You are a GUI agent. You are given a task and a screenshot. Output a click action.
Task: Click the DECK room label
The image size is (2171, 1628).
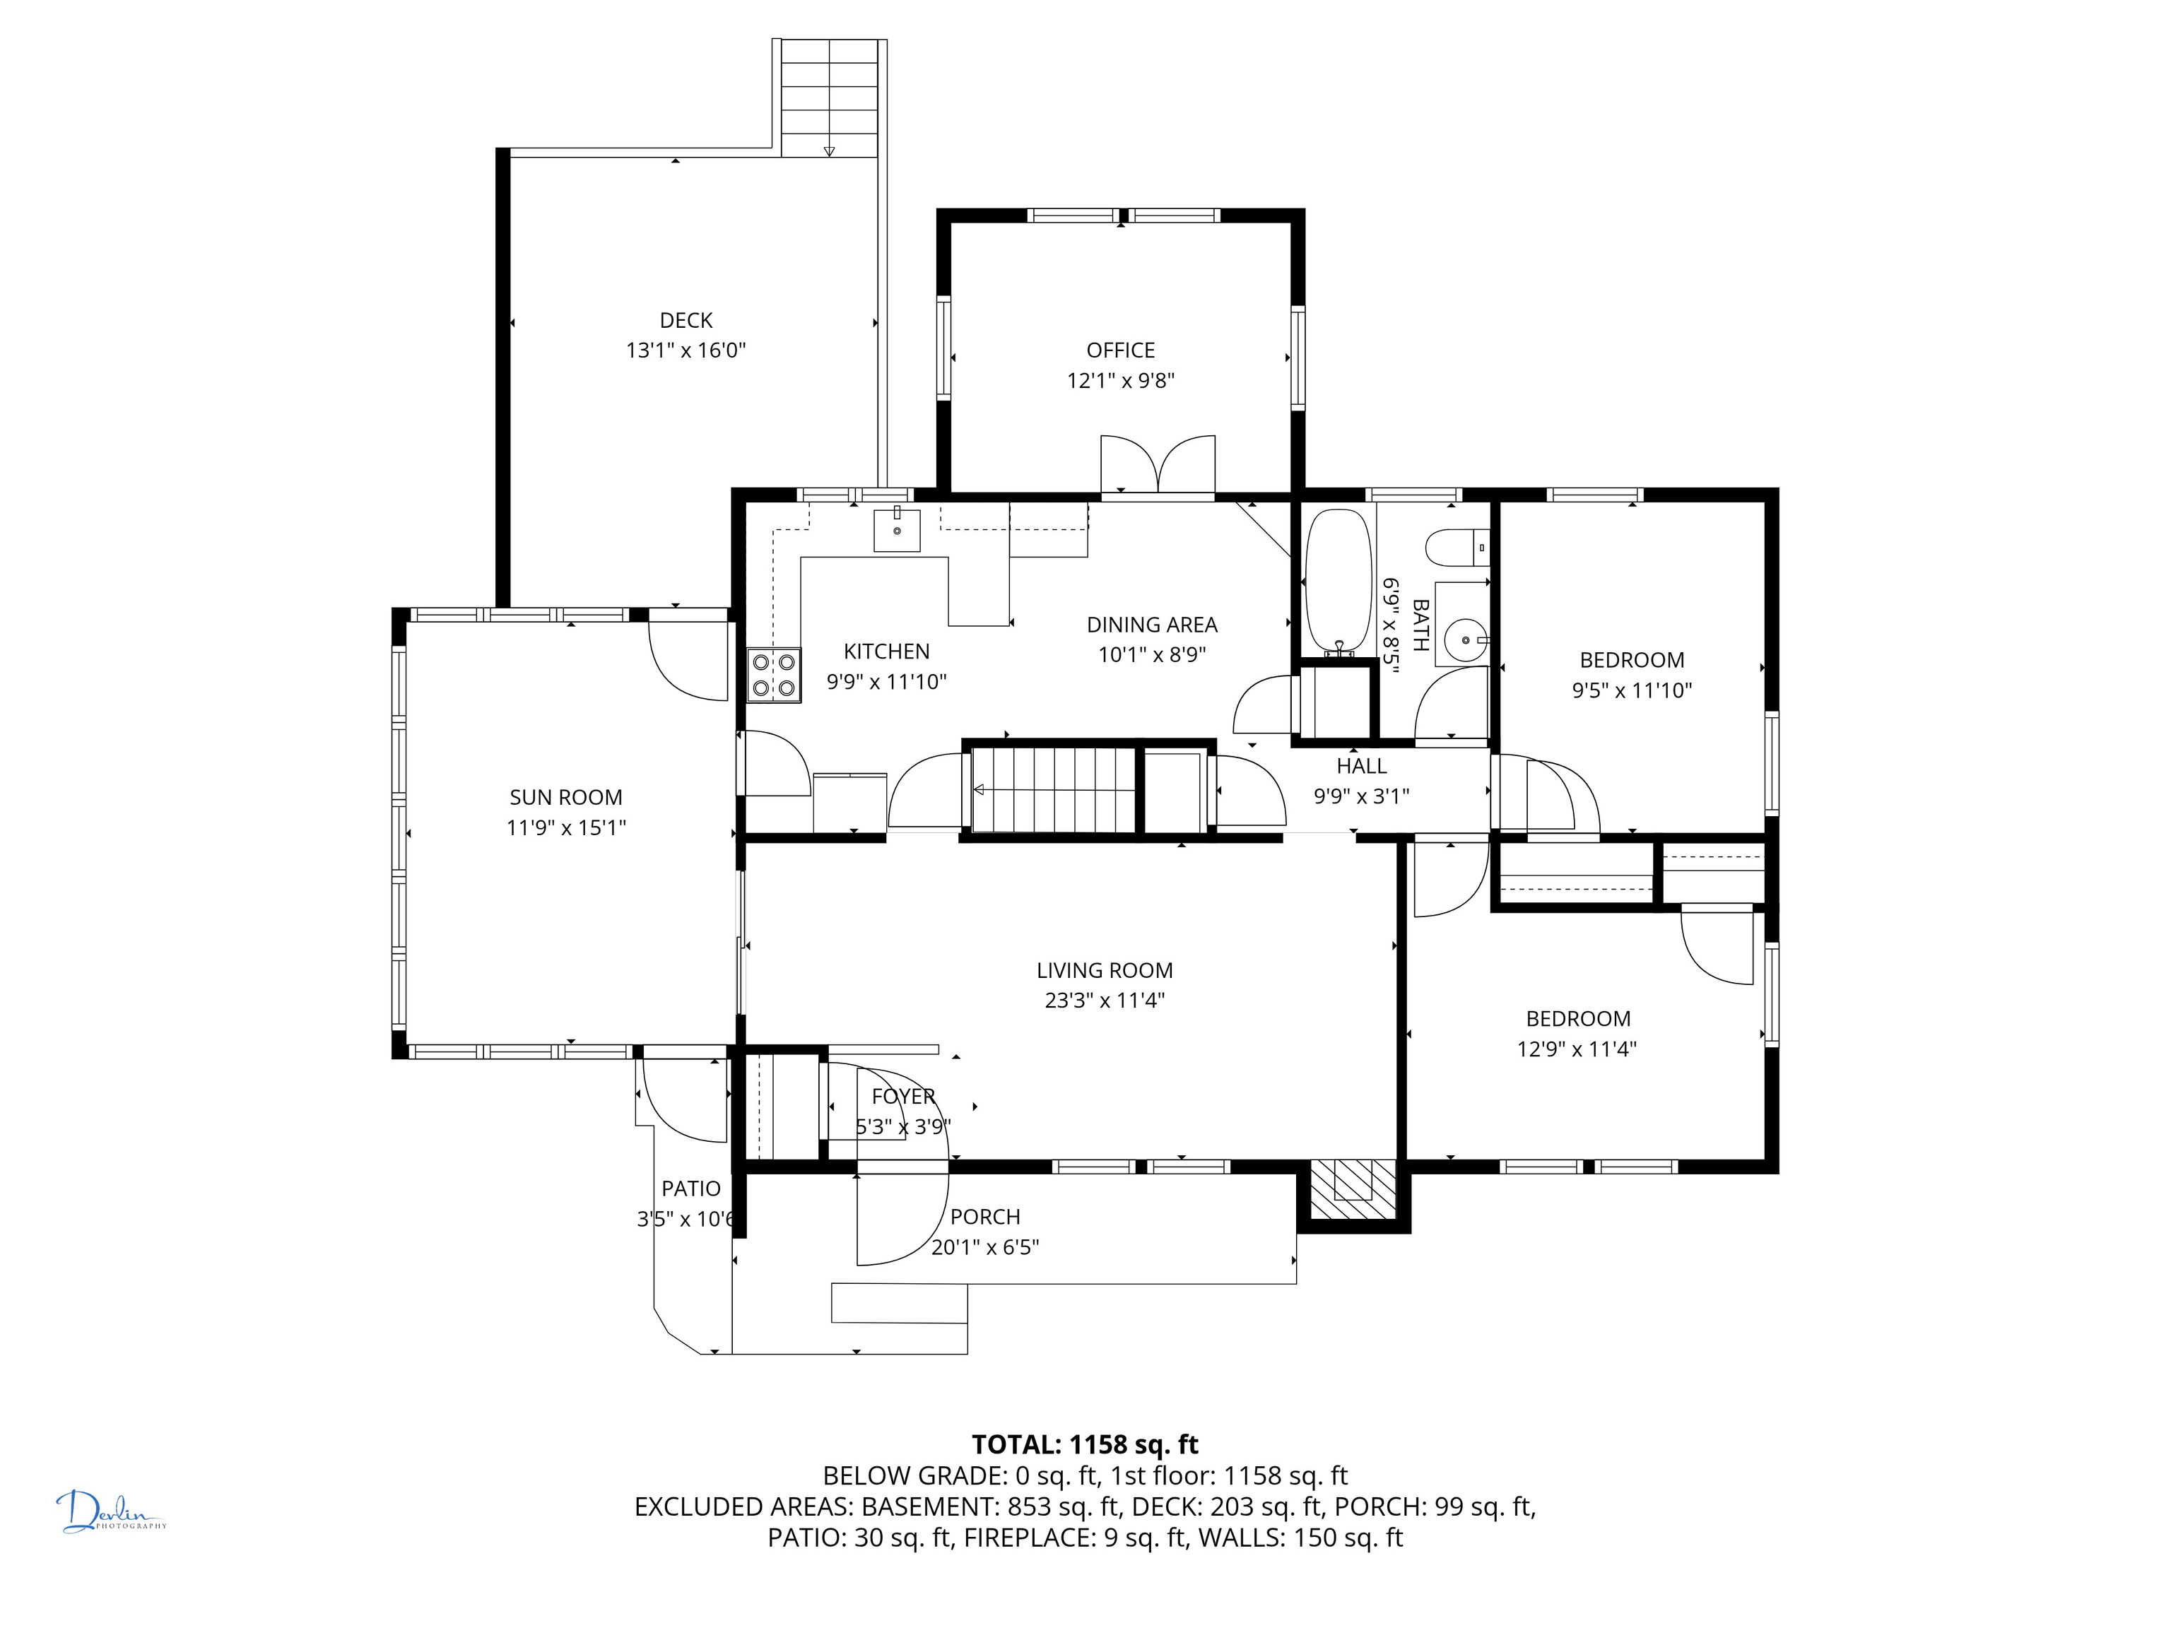point(686,320)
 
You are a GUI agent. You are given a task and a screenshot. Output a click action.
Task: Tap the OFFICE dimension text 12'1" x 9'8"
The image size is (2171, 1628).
point(1121,381)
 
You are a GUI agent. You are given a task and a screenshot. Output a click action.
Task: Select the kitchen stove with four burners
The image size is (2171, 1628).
point(773,675)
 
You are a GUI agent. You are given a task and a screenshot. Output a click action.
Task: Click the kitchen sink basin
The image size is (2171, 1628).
point(897,530)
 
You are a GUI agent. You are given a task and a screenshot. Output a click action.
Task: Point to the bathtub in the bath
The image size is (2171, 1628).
point(1338,581)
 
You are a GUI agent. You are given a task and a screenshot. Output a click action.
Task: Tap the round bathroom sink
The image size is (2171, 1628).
point(1464,639)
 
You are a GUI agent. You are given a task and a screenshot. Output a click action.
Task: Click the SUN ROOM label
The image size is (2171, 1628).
point(566,798)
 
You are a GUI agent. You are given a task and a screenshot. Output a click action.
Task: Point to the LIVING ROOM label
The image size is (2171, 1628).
point(1105,971)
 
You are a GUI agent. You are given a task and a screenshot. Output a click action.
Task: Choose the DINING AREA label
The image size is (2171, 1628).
point(1152,625)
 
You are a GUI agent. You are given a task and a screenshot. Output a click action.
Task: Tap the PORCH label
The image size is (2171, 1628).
point(985,1217)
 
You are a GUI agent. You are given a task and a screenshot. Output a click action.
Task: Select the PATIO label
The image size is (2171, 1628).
point(691,1188)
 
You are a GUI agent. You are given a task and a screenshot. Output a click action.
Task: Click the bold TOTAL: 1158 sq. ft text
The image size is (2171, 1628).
point(1085,1444)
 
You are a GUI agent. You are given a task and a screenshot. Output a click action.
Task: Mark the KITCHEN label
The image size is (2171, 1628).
point(886,651)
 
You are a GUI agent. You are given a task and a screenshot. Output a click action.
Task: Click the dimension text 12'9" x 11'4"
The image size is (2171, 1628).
point(1577,1049)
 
